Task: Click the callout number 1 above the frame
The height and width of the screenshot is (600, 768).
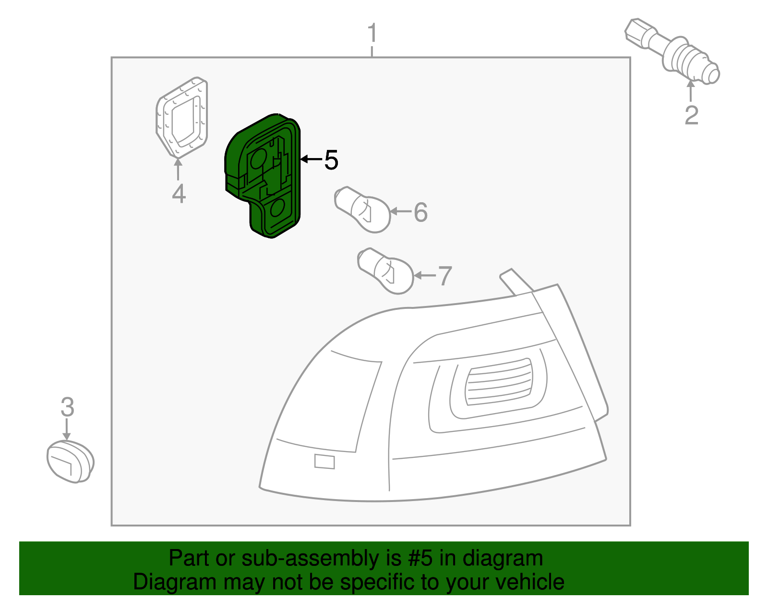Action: coord(372,33)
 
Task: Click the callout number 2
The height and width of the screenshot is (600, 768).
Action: coord(691,115)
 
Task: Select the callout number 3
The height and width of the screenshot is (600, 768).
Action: coord(67,407)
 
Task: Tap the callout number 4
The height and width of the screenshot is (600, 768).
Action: coord(179,194)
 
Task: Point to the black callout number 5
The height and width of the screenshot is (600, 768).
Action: coord(331,159)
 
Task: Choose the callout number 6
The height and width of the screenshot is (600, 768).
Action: coord(420,212)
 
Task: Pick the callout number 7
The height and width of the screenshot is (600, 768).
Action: coord(445,276)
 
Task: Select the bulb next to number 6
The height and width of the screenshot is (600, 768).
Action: coord(363,210)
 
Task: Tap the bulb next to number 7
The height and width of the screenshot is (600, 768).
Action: coord(386,271)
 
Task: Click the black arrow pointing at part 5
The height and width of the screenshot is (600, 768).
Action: coord(311,159)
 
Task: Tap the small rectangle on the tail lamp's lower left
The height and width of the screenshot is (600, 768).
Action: coord(324,461)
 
